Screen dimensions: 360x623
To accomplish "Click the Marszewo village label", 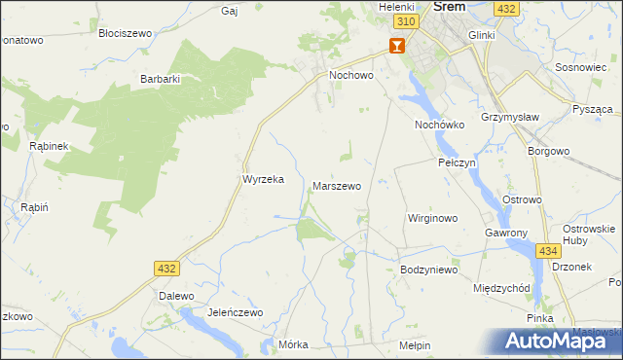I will click(337, 185).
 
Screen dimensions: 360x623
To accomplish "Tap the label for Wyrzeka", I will click(262, 180).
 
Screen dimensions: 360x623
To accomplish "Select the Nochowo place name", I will click(351, 74).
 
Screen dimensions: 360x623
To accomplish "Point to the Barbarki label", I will click(162, 79).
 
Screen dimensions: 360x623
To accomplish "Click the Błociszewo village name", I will click(126, 32).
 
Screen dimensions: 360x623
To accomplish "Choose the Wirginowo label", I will click(432, 218).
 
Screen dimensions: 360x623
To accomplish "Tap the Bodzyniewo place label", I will click(428, 270).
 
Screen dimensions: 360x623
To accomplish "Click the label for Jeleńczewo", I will click(235, 312).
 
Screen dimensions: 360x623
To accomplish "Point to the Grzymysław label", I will click(509, 126).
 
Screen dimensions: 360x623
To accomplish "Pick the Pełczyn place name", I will click(457, 162).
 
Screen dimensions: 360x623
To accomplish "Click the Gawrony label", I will click(505, 234).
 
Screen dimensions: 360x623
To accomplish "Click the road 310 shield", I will click(408, 21).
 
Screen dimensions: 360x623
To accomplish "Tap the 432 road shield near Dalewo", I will click(165, 268).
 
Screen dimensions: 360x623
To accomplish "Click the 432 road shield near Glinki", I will click(505, 8).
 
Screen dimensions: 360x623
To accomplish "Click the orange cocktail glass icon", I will click(396, 45).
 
